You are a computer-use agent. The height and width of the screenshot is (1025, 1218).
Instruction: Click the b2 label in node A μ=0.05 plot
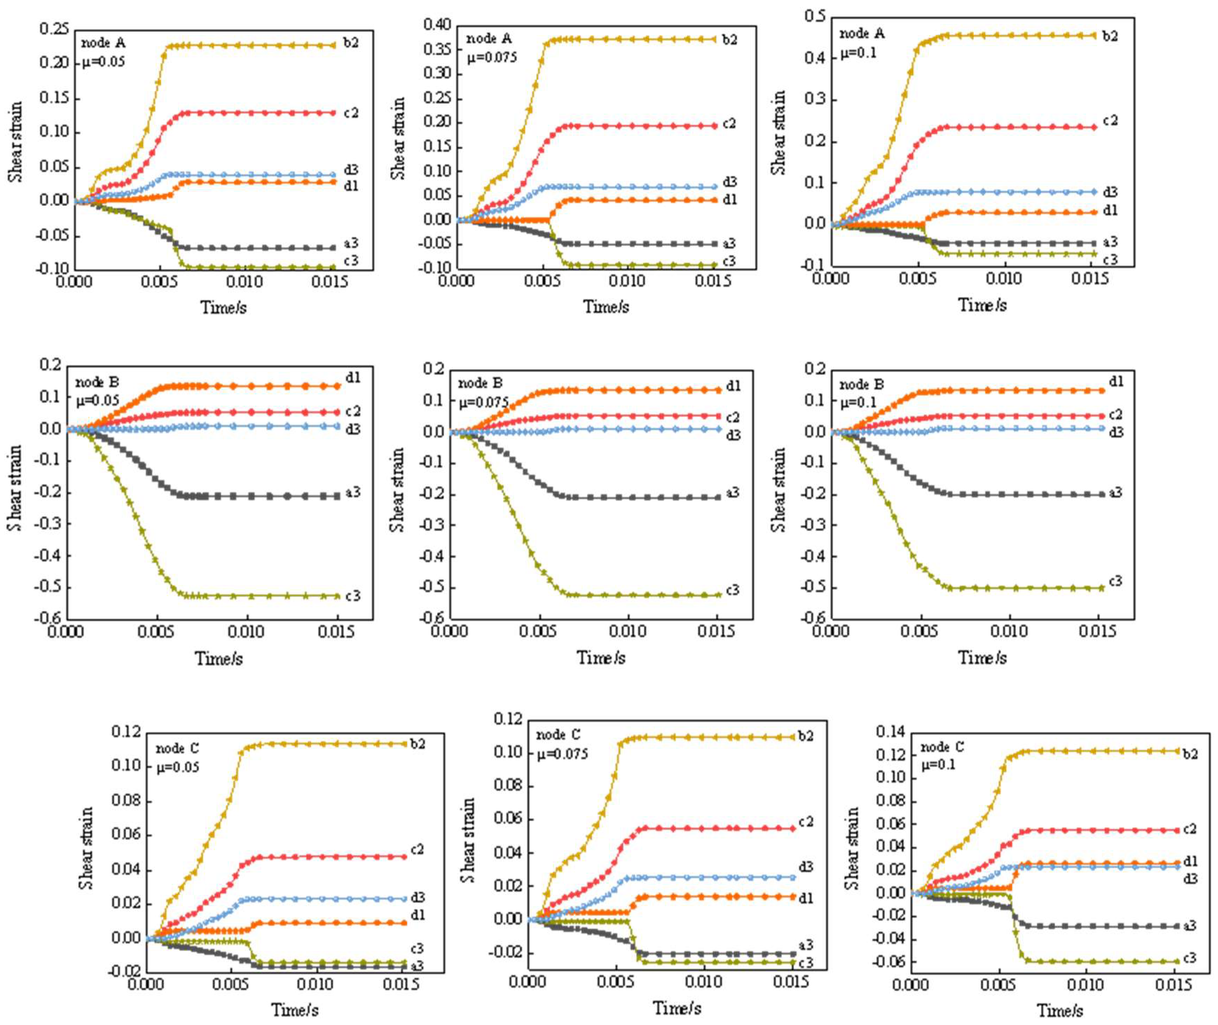click(350, 42)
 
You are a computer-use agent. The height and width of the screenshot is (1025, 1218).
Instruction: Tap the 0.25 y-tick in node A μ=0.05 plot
click(54, 28)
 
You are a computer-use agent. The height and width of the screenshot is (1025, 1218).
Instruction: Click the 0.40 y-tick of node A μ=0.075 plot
click(437, 25)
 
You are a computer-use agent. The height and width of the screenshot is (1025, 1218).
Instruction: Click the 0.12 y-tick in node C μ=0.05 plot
click(126, 732)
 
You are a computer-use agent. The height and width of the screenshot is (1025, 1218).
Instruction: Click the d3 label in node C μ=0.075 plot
click(805, 867)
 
